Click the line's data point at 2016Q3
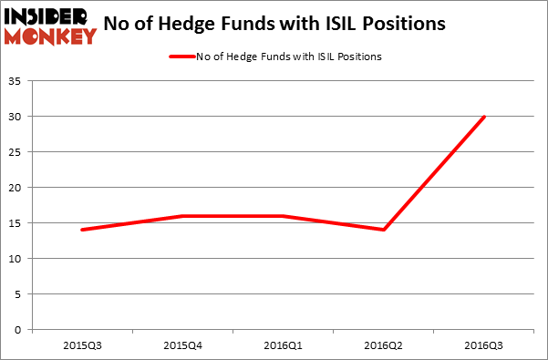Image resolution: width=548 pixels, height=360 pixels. pyautogui.click(x=483, y=117)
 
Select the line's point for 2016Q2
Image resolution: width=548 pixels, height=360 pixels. pyautogui.click(x=383, y=230)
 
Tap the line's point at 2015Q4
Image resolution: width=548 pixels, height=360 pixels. pyautogui.click(x=182, y=216)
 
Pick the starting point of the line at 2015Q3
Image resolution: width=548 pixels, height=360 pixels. pyautogui.click(x=82, y=230)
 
